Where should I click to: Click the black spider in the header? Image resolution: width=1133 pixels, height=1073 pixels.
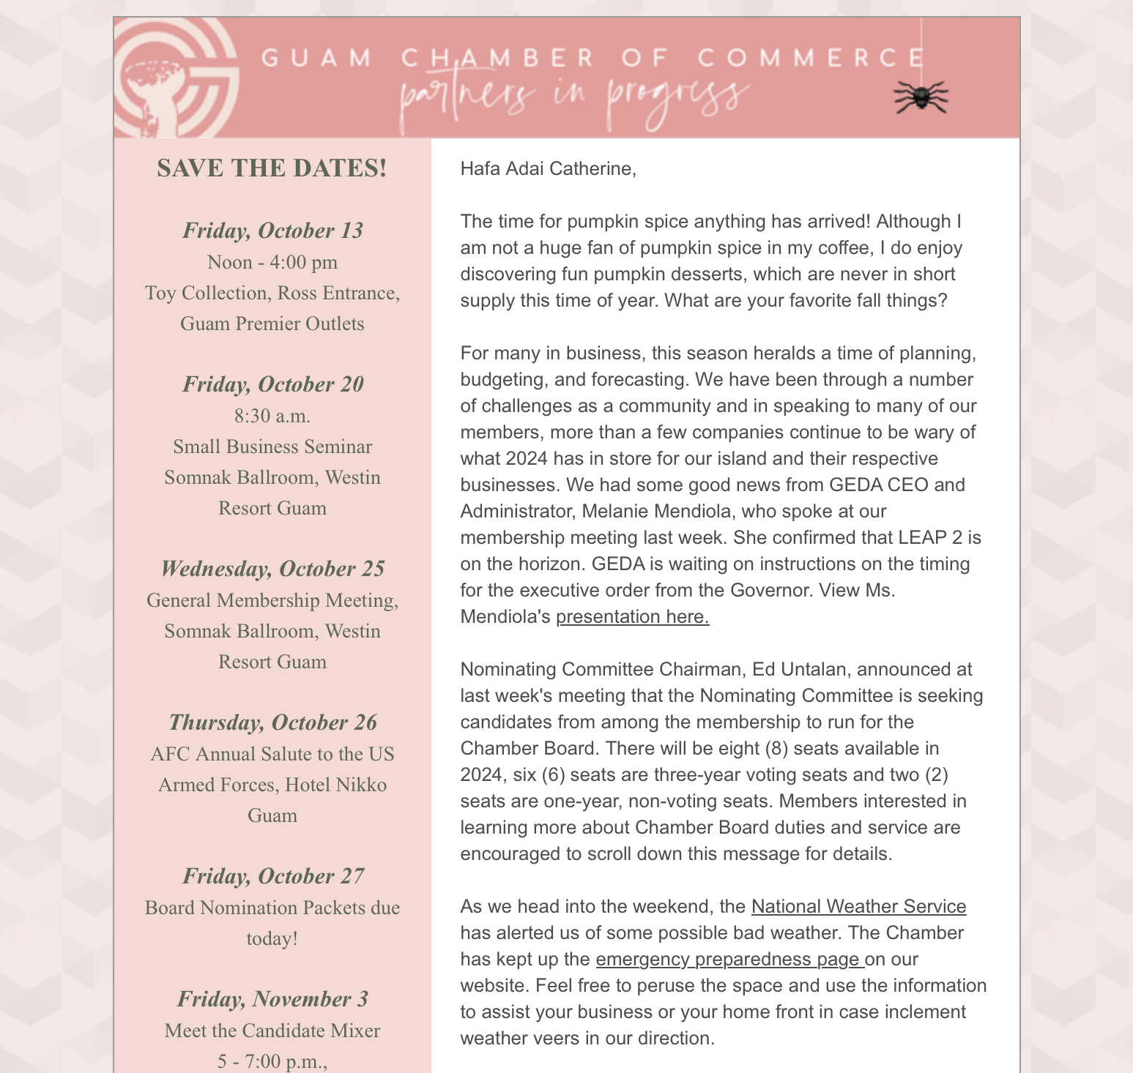pyautogui.click(x=921, y=97)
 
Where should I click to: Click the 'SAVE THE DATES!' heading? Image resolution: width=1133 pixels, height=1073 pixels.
pyautogui.click(x=272, y=168)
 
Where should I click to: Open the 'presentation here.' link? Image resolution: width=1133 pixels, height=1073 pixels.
pyautogui.click(x=633, y=616)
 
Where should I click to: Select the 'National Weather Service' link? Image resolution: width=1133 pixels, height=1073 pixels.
pyautogui.click(x=858, y=906)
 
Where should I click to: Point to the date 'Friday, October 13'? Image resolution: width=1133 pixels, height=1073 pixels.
pyautogui.click(x=272, y=231)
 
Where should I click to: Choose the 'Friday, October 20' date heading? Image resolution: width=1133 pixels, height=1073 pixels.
pyautogui.click(x=272, y=384)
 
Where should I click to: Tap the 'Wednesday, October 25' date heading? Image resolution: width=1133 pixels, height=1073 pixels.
pyautogui.click(x=272, y=569)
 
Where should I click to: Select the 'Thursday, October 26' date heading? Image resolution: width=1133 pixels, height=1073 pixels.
pyautogui.click(x=272, y=722)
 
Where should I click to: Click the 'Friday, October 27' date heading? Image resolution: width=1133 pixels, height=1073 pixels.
pyautogui.click(x=272, y=876)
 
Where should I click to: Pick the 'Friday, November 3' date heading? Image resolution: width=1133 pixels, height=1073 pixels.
pyautogui.click(x=272, y=999)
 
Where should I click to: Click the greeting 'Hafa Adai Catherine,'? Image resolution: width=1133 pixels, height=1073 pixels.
pyautogui.click(x=548, y=168)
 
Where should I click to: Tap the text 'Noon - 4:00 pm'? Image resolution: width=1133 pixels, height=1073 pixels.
pyautogui.click(x=272, y=262)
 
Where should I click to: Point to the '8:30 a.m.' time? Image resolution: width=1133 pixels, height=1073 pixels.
pyautogui.click(x=272, y=416)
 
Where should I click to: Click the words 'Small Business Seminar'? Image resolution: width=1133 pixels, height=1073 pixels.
pyautogui.click(x=272, y=446)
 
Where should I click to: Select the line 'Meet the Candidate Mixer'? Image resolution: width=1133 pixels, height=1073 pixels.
pyautogui.click(x=272, y=1031)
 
